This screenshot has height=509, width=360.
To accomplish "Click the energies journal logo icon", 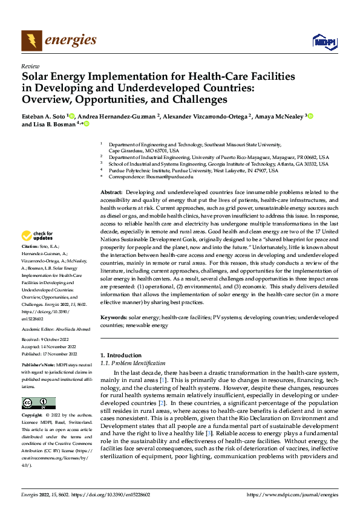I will tap(31, 41).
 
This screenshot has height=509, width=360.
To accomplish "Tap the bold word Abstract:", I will tap(112, 192).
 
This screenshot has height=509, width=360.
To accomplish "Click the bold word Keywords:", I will tap(114, 317).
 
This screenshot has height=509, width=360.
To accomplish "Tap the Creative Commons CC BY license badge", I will tap(39, 403).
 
